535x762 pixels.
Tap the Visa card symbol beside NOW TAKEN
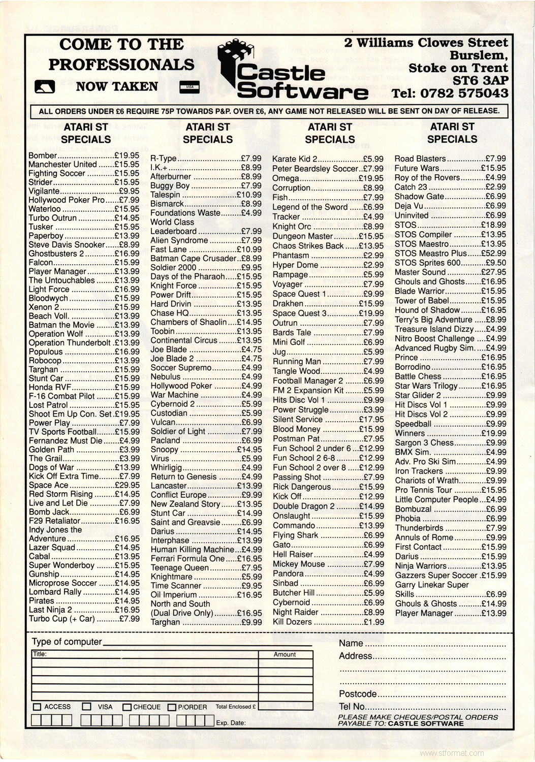pos(190,87)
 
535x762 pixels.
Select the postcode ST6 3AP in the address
pos(480,80)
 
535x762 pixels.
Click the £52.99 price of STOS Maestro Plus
pos(493,253)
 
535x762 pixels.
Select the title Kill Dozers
pos(292,622)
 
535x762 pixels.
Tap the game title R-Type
pos(163,158)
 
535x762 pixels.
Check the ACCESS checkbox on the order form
pos(37,707)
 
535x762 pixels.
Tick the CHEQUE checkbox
pos(127,707)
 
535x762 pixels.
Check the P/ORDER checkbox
pos(172,707)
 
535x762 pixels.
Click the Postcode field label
pos(358,694)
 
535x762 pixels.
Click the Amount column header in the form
pos(285,654)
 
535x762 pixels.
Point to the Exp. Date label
pos(231,723)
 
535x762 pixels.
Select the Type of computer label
pos(67,642)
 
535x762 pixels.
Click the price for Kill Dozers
pos(373,622)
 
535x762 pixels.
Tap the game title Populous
pos(46,352)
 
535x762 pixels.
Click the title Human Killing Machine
pos(193,549)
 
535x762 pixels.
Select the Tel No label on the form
pos(352,707)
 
